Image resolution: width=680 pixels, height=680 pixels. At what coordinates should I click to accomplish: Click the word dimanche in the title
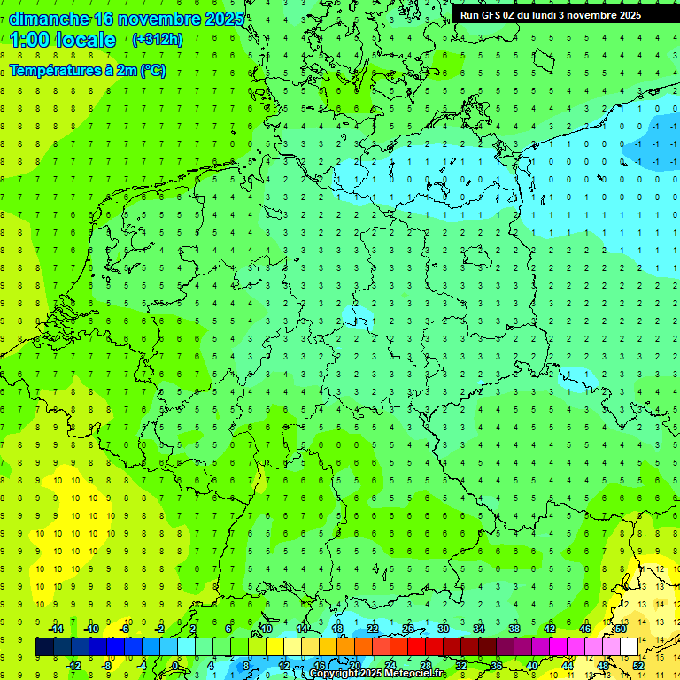[x=48, y=19]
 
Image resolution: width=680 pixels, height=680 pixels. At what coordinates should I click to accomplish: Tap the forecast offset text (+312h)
[x=157, y=40]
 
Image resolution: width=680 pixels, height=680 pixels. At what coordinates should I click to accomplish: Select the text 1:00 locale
[x=63, y=40]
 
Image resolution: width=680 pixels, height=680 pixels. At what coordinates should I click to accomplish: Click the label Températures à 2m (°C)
[x=87, y=70]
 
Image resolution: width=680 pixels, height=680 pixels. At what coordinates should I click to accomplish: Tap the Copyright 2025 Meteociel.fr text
[x=376, y=674]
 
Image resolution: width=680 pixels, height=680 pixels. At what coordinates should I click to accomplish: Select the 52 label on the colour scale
[x=638, y=665]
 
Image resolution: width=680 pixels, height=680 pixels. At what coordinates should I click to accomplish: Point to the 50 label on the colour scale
[x=621, y=629]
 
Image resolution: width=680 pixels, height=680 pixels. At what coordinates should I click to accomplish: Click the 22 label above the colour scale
[x=373, y=629]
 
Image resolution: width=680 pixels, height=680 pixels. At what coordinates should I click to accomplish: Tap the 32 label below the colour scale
[x=461, y=665]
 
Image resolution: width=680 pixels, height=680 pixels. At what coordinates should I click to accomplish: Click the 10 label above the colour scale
[x=267, y=629]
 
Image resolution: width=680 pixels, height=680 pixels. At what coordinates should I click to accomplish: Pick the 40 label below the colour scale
[x=532, y=665]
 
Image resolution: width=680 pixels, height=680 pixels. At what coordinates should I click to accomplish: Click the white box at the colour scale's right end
[x=630, y=647]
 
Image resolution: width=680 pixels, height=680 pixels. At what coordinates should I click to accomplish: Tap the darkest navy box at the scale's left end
[x=45, y=647]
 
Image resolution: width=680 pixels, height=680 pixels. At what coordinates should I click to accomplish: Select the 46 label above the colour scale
[x=585, y=629]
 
